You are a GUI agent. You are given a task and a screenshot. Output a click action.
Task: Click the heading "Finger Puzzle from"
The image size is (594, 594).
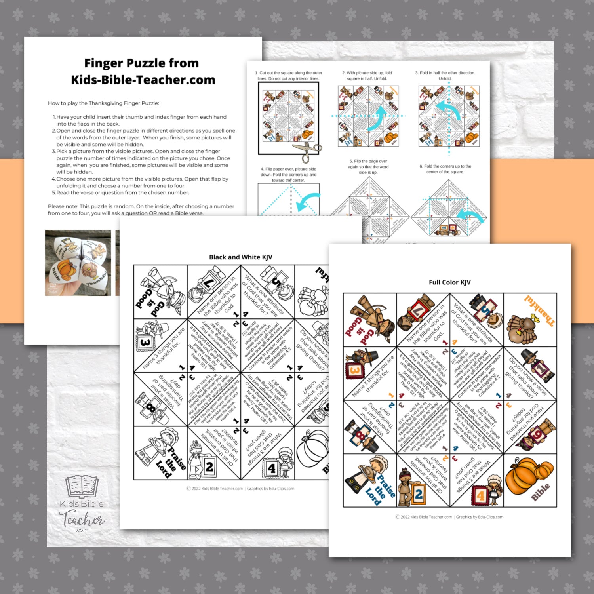point(141,63)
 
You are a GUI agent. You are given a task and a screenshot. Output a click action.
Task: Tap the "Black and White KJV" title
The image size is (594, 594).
point(240,257)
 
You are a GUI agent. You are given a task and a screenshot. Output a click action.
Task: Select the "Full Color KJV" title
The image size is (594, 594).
point(449,282)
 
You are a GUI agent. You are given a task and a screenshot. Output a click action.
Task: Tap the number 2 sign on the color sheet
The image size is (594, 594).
point(418,494)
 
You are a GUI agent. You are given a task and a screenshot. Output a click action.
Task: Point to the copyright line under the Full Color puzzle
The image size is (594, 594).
point(449,517)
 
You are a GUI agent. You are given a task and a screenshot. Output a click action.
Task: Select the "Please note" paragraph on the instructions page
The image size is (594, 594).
point(141,209)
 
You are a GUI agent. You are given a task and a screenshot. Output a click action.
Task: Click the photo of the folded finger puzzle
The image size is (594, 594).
point(78,263)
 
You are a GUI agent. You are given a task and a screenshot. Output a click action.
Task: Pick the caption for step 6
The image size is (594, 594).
point(445,169)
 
